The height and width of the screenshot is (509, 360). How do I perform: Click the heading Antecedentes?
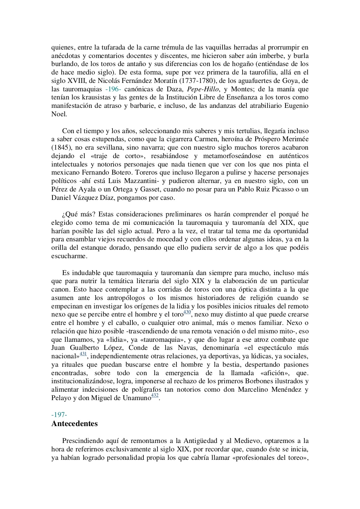coord(75,423)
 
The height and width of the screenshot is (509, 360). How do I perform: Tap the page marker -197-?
coord(59,415)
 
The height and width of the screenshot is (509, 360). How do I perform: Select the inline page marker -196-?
coord(113,89)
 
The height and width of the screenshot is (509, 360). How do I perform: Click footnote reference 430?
coord(187,312)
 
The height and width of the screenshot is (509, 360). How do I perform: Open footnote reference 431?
coord(83,354)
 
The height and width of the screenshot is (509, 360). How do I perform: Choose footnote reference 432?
coord(155,396)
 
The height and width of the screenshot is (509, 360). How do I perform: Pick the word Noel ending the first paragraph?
coord(59,114)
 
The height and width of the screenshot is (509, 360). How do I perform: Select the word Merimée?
coord(292,139)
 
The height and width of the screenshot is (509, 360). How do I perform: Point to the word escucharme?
coord(69,256)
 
